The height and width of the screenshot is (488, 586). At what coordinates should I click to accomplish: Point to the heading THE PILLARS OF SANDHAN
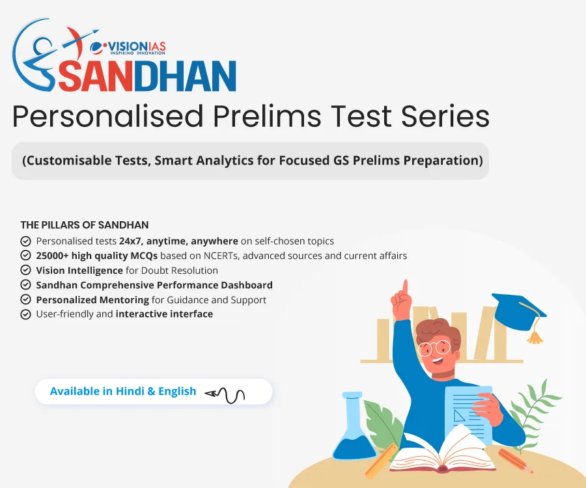(85, 225)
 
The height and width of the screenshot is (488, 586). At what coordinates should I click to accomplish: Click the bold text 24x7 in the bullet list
(128, 241)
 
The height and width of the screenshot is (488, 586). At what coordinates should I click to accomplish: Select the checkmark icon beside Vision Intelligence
(26, 270)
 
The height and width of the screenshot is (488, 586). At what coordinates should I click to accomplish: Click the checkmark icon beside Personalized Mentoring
(26, 300)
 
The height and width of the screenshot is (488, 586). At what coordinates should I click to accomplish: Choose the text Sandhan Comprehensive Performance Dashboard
(154, 285)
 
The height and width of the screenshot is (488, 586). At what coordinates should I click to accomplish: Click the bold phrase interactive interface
(164, 314)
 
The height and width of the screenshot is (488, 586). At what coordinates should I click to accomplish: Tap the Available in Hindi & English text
(123, 391)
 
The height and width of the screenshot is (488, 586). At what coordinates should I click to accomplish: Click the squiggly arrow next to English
(225, 393)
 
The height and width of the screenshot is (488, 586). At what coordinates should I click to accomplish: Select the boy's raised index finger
(404, 290)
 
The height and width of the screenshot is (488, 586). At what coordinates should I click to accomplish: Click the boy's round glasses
(434, 347)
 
